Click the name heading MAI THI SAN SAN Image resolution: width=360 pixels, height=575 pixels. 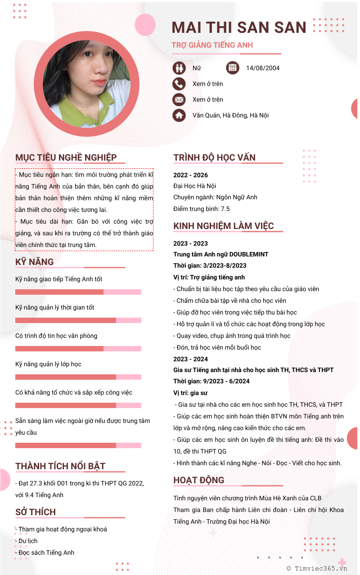[x=238, y=27]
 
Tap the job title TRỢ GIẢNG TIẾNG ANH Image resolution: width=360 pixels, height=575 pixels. [x=212, y=45]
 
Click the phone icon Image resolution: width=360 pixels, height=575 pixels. [x=179, y=84]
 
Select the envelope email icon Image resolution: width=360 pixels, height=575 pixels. [x=179, y=99]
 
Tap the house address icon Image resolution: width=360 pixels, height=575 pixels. [x=179, y=115]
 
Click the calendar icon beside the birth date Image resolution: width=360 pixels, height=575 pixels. [x=233, y=68]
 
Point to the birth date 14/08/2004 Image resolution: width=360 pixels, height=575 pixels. [x=262, y=68]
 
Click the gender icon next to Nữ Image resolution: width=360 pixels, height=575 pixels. [x=179, y=68]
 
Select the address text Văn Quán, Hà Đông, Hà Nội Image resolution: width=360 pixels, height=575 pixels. [x=230, y=115]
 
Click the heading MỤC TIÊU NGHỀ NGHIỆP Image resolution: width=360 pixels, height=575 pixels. [x=66, y=157]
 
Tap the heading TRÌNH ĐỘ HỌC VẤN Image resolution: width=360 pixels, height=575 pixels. [x=214, y=157]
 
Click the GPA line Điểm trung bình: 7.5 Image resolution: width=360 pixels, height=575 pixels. [x=201, y=209]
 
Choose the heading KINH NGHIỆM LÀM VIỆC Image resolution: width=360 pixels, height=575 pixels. [x=223, y=226]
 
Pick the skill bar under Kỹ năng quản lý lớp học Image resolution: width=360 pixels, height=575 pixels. [x=78, y=377]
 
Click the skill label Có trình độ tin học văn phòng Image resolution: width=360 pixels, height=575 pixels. [x=56, y=336]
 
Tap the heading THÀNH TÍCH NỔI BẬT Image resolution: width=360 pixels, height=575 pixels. [x=60, y=466]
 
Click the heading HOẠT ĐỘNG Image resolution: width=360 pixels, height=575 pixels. [x=198, y=480]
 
